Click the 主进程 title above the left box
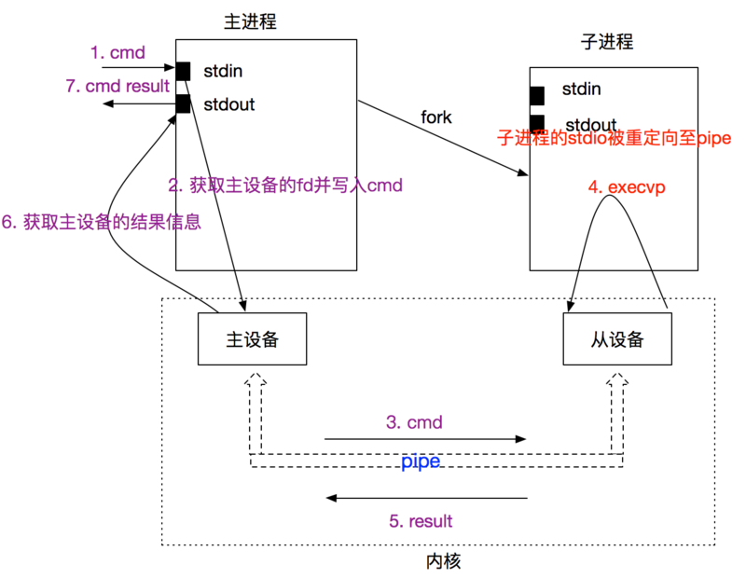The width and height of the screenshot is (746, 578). (x=251, y=21)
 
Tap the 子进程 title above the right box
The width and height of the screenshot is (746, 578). (x=606, y=42)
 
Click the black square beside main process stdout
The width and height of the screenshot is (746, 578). (x=183, y=103)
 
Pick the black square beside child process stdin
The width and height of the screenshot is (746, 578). (x=537, y=95)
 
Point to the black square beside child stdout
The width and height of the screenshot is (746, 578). (x=537, y=122)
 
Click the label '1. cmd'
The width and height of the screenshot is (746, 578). (x=117, y=53)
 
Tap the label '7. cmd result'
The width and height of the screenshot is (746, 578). (x=117, y=86)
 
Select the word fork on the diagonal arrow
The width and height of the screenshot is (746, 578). (x=435, y=117)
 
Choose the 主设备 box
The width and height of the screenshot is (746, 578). (x=253, y=339)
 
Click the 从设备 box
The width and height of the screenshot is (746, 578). (x=617, y=339)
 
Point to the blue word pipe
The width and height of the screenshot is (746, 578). (x=421, y=461)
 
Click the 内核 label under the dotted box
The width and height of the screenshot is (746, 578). (x=443, y=561)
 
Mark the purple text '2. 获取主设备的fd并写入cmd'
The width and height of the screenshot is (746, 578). (x=285, y=186)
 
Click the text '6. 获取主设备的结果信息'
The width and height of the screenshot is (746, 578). (x=102, y=224)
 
